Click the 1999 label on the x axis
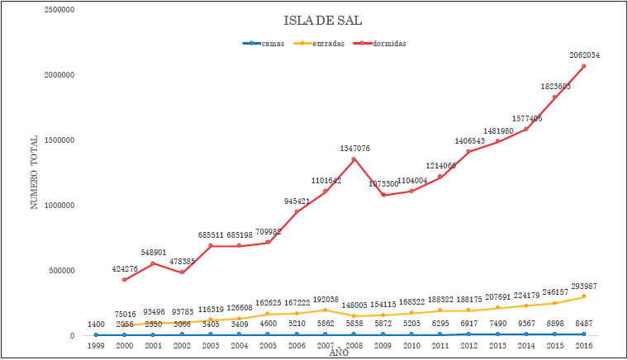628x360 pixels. point(96,345)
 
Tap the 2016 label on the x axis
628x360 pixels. point(583,345)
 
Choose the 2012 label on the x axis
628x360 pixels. point(469,345)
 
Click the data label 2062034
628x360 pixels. point(584,55)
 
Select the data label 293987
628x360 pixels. point(584,287)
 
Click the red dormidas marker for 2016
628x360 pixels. point(583,67)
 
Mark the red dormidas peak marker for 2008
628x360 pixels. point(354,159)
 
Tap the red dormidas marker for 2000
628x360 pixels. point(125,280)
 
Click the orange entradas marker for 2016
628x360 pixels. point(583,296)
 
